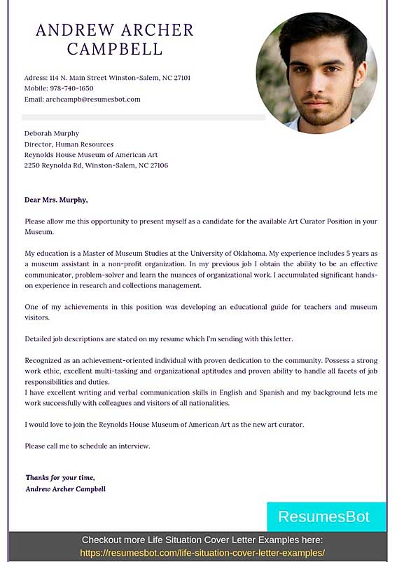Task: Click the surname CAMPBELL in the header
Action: [115, 49]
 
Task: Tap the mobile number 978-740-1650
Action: [71, 88]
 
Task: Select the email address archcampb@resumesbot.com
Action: [93, 100]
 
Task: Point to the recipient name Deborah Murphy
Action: [52, 133]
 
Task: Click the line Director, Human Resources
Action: [69, 144]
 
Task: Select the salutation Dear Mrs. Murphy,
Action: [56, 200]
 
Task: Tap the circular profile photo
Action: [316, 72]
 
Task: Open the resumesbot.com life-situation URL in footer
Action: [202, 552]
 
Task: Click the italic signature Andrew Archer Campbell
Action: [65, 488]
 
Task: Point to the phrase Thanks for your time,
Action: [60, 477]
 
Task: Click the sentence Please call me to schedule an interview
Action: [88, 446]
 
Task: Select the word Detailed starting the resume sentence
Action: [39, 339]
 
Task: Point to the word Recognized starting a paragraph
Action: [45, 360]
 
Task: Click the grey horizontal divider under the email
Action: [144, 117]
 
